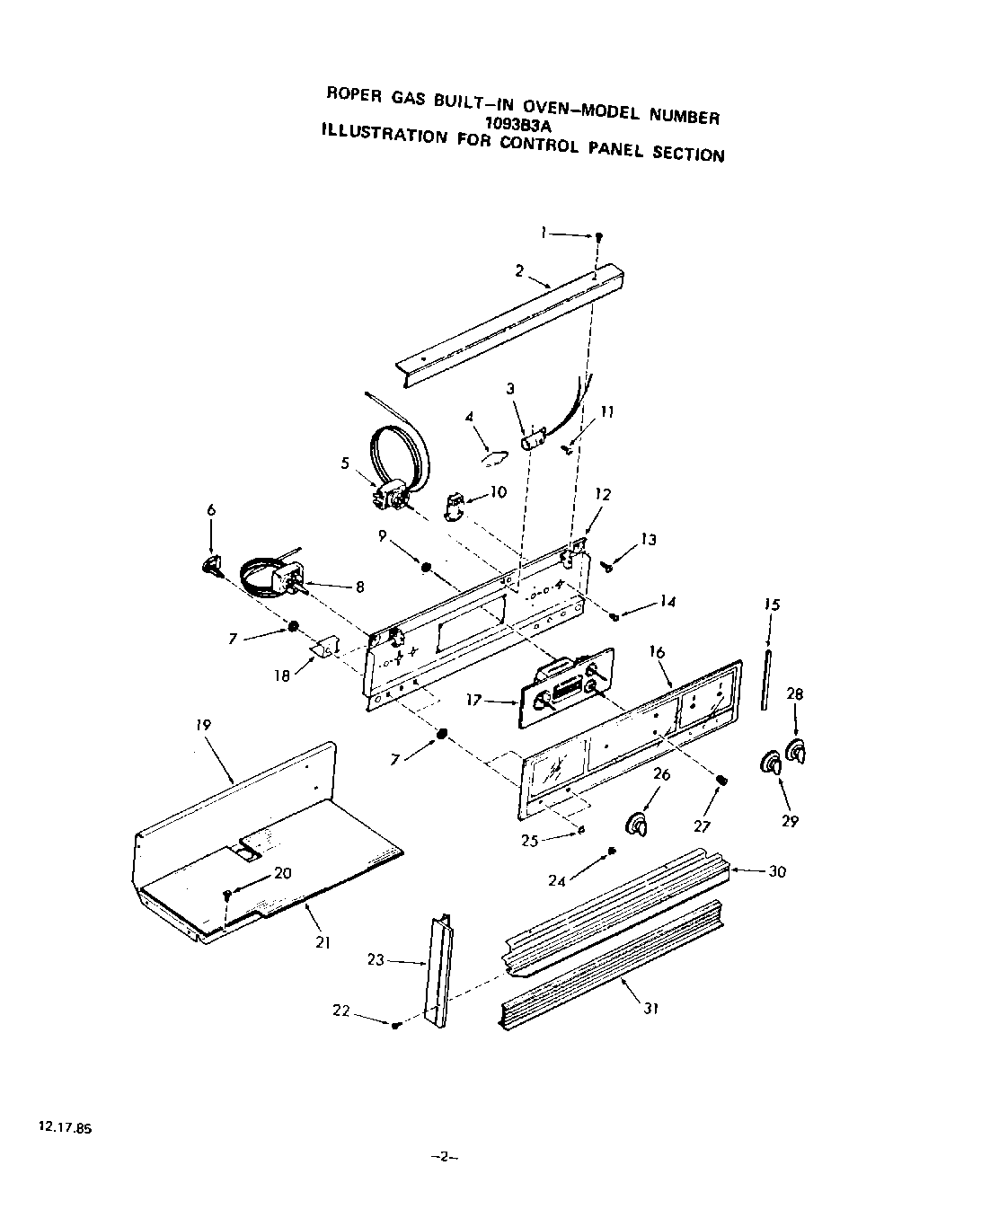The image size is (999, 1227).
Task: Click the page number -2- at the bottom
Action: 446,1157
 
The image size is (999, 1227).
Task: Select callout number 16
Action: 657,652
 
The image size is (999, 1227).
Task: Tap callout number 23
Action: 376,960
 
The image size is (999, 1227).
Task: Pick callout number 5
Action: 345,463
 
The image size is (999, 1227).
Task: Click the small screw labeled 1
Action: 599,236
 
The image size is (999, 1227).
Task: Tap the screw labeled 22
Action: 395,1025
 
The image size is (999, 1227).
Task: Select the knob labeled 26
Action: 637,824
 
